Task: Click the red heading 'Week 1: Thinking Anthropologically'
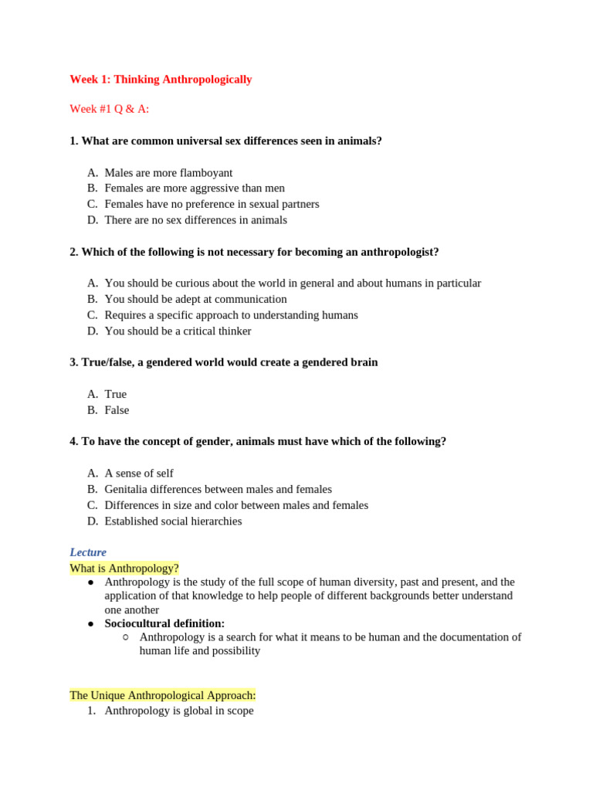pos(161,80)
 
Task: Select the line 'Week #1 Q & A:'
pos(110,109)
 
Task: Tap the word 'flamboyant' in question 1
pos(206,172)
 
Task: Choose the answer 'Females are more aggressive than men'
pos(195,188)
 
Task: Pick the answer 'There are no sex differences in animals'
pos(195,219)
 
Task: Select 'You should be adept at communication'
pos(195,299)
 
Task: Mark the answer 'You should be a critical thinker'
pos(178,331)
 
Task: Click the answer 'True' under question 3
pos(116,394)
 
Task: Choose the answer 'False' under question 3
pos(117,410)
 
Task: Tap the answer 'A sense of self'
pos(139,473)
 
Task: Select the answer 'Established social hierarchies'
pos(173,521)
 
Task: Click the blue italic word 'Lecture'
pos(88,552)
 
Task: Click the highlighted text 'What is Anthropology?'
pos(124,569)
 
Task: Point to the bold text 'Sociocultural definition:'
pos(164,623)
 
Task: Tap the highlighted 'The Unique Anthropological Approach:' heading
pos(163,695)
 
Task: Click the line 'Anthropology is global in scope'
pos(179,711)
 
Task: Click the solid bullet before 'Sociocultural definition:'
pos(91,623)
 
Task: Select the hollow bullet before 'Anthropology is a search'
pos(126,637)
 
